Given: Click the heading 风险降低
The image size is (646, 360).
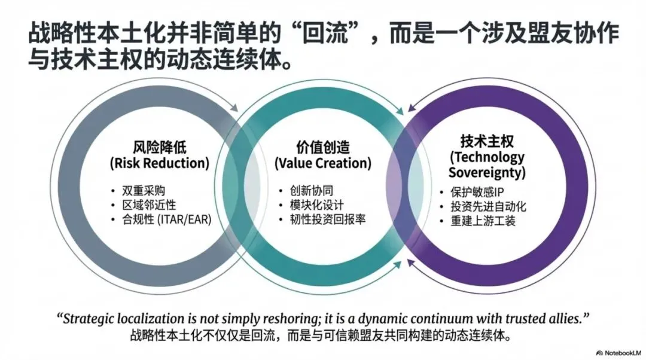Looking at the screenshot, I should (x=159, y=147).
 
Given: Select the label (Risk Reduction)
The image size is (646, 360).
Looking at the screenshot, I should (x=159, y=163).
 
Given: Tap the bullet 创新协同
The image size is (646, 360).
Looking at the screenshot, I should (x=307, y=191).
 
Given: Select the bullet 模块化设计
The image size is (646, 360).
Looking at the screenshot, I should (x=313, y=205).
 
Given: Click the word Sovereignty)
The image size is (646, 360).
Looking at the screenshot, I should (x=487, y=173).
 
